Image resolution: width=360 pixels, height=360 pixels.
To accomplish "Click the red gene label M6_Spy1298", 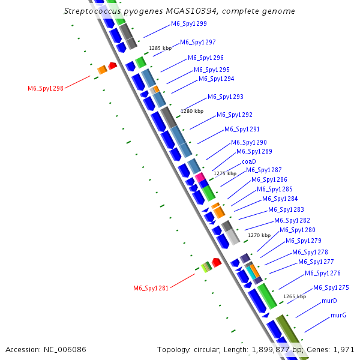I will [x=46, y=88].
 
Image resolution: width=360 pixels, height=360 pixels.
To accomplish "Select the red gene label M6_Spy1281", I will [x=151, y=288].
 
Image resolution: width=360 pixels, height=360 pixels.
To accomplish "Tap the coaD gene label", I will [x=249, y=161].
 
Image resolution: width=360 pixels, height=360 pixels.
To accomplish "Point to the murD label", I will [x=329, y=300].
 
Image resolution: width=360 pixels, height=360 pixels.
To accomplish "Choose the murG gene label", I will [x=338, y=315].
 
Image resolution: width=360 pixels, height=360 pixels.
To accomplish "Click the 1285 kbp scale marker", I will [x=160, y=47].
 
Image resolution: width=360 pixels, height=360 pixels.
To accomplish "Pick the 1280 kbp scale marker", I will [x=192, y=111].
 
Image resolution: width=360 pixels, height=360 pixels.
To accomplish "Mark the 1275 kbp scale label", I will [x=225, y=173].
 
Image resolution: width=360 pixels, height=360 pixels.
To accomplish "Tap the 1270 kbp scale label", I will [x=259, y=235].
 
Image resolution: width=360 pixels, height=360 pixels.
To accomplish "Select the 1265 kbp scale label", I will [x=295, y=296].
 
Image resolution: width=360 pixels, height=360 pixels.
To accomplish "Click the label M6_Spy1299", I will [x=189, y=23].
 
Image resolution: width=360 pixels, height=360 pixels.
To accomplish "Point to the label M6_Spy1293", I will [x=226, y=97].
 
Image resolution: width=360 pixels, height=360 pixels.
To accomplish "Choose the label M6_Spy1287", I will [x=264, y=170].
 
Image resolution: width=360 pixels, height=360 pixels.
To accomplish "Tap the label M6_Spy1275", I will [x=331, y=287].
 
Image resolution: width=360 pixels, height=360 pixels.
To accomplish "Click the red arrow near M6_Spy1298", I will [x=112, y=65].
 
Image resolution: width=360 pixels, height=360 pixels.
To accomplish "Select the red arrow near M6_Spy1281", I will [x=217, y=262].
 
